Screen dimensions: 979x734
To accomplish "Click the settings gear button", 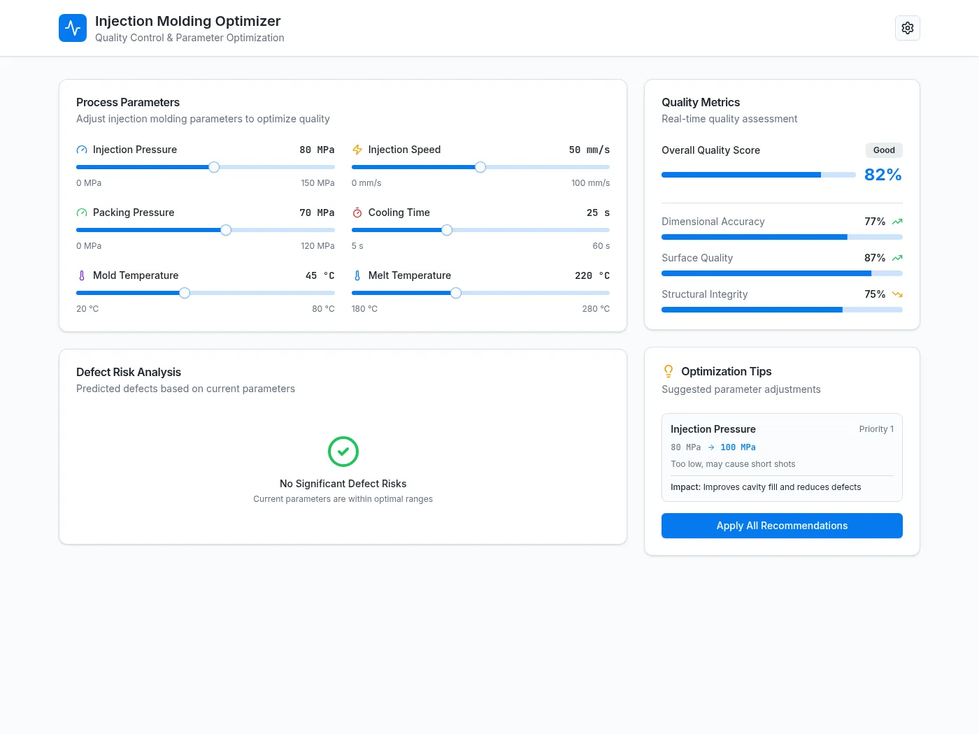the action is pos(907,28).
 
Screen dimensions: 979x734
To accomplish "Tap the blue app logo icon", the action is pos(73,28).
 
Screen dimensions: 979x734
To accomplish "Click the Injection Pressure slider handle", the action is pos(214,167).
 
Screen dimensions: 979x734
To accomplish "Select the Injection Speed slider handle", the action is pos(480,167).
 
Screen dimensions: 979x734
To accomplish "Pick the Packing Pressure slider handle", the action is pos(226,230).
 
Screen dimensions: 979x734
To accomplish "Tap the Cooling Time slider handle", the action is pos(446,230).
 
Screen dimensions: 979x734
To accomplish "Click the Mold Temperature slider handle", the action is pos(185,293).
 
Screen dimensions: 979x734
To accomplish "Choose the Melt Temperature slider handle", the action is pos(455,293).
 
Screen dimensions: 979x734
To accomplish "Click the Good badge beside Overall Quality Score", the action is pos(884,150).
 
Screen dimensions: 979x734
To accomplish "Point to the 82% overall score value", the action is pos(882,175).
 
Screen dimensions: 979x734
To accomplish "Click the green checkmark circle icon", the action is pos(343,452).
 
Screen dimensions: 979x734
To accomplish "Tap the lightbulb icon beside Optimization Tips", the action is pos(668,371).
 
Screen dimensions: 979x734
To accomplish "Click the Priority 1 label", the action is pos(876,429).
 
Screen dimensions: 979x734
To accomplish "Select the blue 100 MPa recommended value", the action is pos(738,447).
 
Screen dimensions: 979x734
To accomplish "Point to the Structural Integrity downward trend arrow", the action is pos(897,294).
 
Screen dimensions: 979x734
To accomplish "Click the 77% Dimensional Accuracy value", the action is pos(874,222).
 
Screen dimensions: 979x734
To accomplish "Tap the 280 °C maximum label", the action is pos(595,308).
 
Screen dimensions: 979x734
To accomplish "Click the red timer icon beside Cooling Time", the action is pos(357,213).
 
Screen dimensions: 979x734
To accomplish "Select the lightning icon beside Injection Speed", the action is pos(357,150).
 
